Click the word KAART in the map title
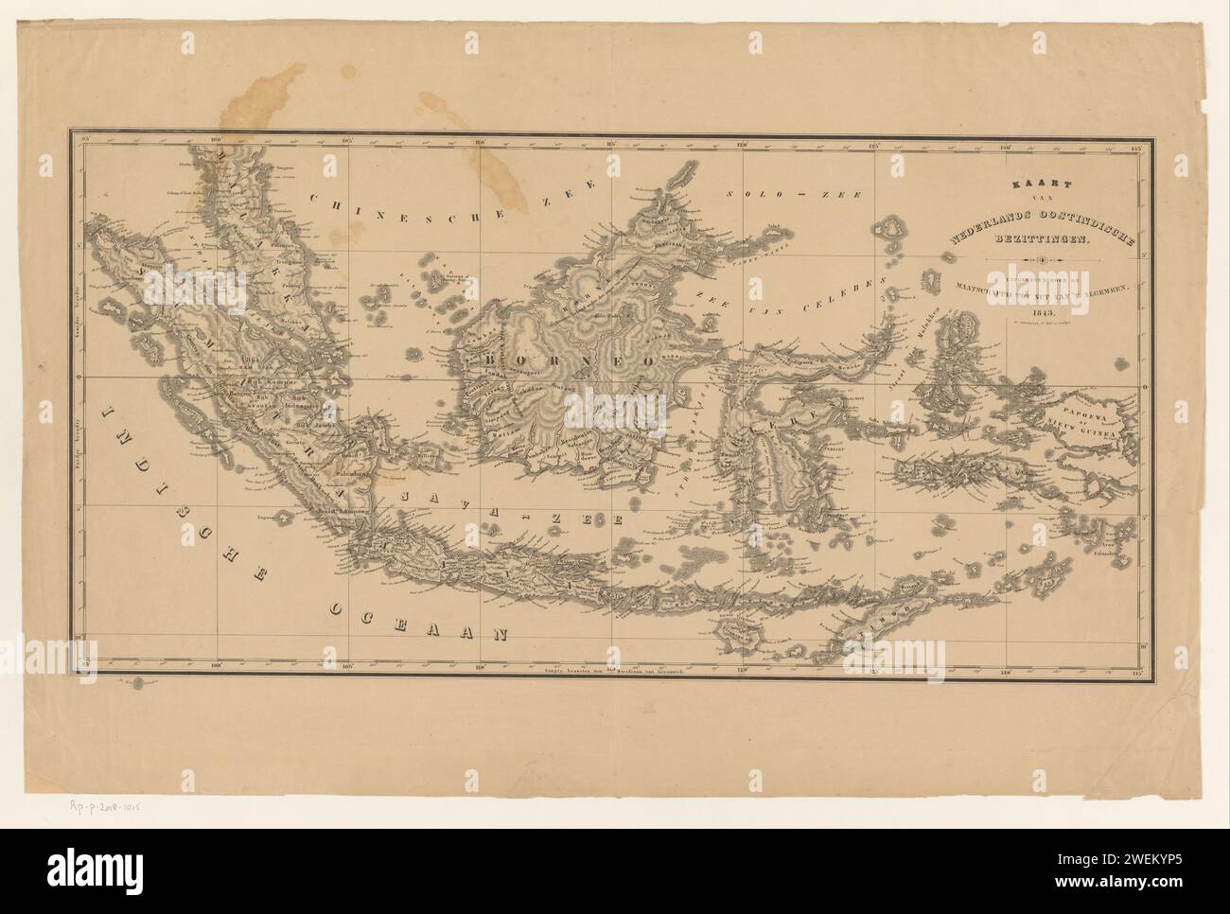coord(1039,188)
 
